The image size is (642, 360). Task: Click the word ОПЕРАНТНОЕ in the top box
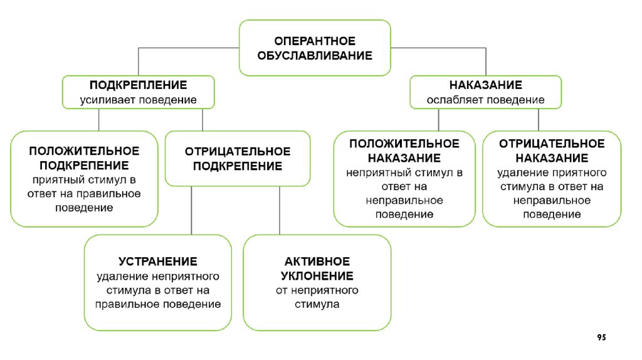(x=314, y=41)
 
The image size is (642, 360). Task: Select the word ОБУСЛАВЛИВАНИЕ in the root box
(x=314, y=56)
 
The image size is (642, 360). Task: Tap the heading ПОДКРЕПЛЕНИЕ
(x=138, y=85)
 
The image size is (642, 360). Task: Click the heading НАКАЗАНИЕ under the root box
(x=485, y=85)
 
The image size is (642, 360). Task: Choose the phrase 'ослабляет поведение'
(x=485, y=100)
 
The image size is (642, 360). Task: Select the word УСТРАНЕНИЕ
(x=158, y=261)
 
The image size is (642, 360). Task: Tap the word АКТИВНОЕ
(x=317, y=261)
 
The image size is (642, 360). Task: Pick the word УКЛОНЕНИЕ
(x=317, y=276)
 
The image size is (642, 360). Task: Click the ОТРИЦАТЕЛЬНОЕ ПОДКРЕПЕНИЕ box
(x=237, y=159)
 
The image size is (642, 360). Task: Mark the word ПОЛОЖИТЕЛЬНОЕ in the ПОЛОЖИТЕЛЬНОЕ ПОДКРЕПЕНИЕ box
(x=84, y=151)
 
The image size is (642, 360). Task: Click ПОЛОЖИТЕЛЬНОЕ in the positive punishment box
(x=404, y=144)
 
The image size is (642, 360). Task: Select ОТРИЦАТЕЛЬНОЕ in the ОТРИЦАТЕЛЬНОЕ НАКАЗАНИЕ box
(x=552, y=144)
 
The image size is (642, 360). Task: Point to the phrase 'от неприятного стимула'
(x=317, y=297)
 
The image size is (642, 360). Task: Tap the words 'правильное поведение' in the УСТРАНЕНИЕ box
(x=158, y=304)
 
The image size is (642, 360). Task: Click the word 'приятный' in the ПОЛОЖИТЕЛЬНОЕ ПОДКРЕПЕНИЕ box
(x=54, y=180)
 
